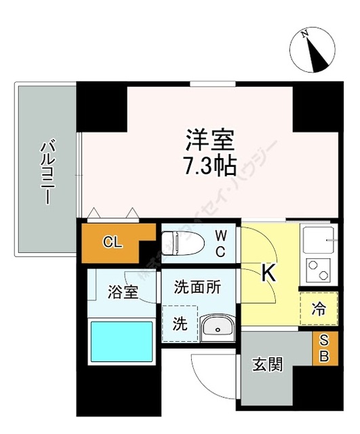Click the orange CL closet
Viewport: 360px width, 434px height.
pyautogui.click(x=112, y=243)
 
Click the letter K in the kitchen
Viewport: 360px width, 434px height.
pyautogui.click(x=269, y=273)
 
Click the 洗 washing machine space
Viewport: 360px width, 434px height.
pyautogui.click(x=180, y=323)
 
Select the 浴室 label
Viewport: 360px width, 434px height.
pyautogui.click(x=123, y=293)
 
